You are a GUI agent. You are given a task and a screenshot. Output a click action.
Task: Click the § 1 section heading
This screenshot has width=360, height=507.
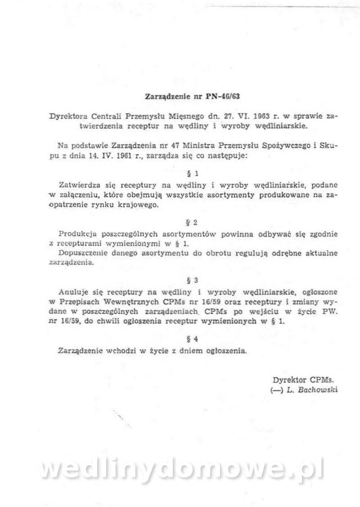tap(192, 172)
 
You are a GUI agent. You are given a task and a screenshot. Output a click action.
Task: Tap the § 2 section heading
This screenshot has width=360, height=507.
tap(192, 222)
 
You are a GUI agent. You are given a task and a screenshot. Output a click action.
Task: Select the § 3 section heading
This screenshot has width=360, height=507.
tap(192, 281)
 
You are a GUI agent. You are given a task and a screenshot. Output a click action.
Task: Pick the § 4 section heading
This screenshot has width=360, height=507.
tap(192, 340)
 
